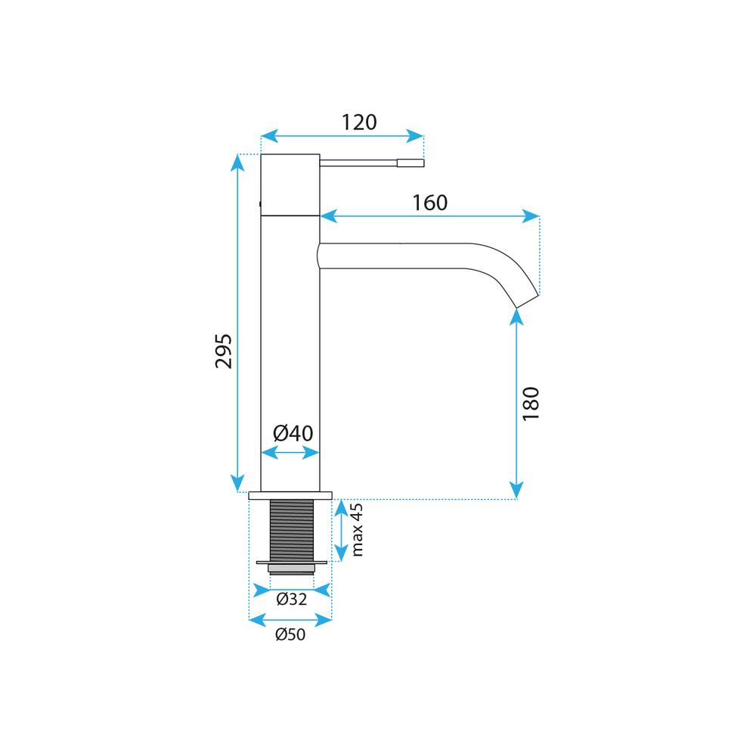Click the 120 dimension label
[x=359, y=122]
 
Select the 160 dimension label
[x=430, y=203]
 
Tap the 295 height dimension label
[x=224, y=351]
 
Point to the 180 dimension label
[x=531, y=404]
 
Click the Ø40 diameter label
[x=293, y=433]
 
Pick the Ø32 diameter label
[x=292, y=599]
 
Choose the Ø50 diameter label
[x=290, y=634]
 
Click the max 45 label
[x=357, y=530]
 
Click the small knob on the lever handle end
[x=411, y=163]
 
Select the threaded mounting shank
[x=292, y=531]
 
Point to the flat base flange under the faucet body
[x=290, y=495]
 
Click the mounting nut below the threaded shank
[x=292, y=568]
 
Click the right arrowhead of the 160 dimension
[x=531, y=216]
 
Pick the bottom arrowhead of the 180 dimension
[x=516, y=490]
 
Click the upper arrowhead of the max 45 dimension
[x=341, y=509]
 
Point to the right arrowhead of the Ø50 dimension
[x=324, y=620]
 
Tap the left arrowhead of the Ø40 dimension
[x=270, y=453]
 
